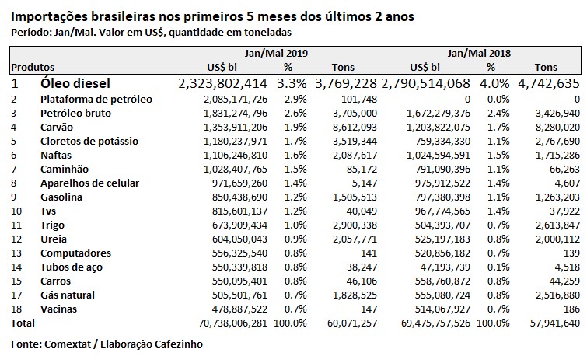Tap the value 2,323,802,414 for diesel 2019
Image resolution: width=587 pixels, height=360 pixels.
coord(222,82)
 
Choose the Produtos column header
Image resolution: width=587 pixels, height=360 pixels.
coord(33,67)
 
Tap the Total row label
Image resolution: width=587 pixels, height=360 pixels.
coord(23,323)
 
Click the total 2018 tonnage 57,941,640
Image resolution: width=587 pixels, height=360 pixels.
coord(553,323)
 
